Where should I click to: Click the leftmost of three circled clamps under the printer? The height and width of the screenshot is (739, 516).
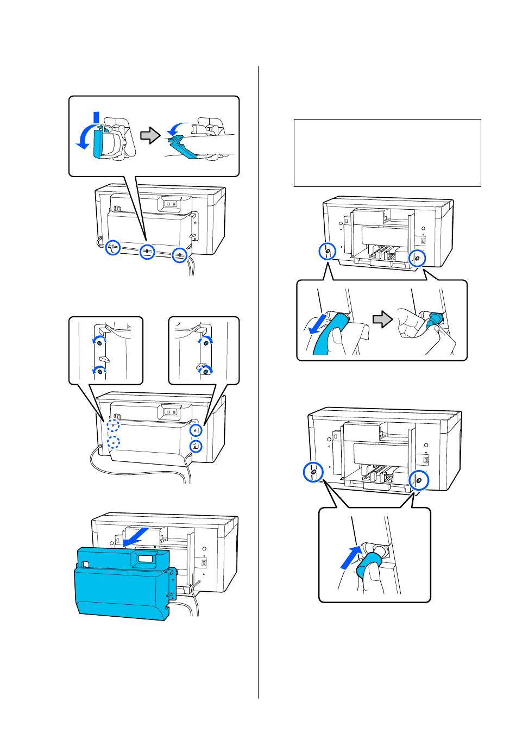click(112, 247)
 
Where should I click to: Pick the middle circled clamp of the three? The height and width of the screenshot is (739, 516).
click(147, 252)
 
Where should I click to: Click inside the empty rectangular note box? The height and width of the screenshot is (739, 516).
click(387, 153)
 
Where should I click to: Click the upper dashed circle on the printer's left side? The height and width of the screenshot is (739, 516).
click(113, 425)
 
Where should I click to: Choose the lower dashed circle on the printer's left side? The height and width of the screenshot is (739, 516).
click(113, 442)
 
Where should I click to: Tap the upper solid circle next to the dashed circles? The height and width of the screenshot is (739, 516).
click(197, 429)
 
